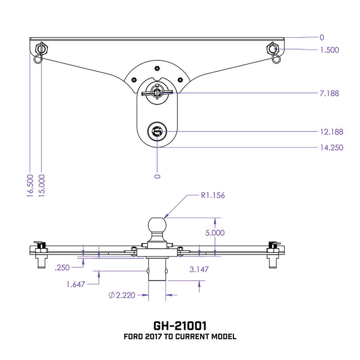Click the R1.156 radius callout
pos(212,196)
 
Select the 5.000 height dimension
pos(215,233)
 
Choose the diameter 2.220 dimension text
pos(122,295)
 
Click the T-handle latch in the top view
pos(157,92)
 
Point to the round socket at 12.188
pos(157,132)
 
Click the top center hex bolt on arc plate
pos(156,68)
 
